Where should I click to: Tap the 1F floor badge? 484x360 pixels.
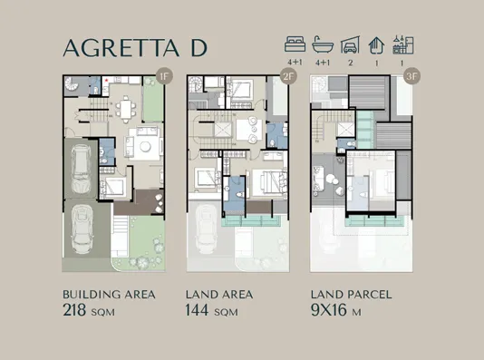[164, 77]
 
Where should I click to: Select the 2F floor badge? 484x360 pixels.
[288, 77]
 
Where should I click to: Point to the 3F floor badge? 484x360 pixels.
[412, 77]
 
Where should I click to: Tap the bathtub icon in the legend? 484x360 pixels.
[322, 44]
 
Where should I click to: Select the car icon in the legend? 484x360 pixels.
[349, 44]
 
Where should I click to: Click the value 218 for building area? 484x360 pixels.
[76, 310]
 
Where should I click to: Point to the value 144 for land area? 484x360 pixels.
[198, 310]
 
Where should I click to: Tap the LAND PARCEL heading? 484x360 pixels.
[349, 295]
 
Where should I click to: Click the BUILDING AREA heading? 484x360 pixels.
[109, 295]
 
